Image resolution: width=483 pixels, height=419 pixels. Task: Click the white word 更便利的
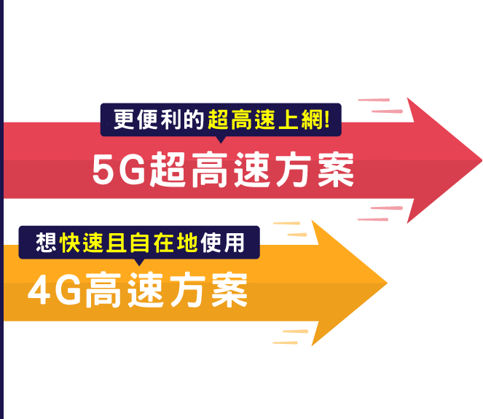(160, 119)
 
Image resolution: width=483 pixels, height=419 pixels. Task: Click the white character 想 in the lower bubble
(47, 241)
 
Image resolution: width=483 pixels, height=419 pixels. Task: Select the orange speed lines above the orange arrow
(292, 229)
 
